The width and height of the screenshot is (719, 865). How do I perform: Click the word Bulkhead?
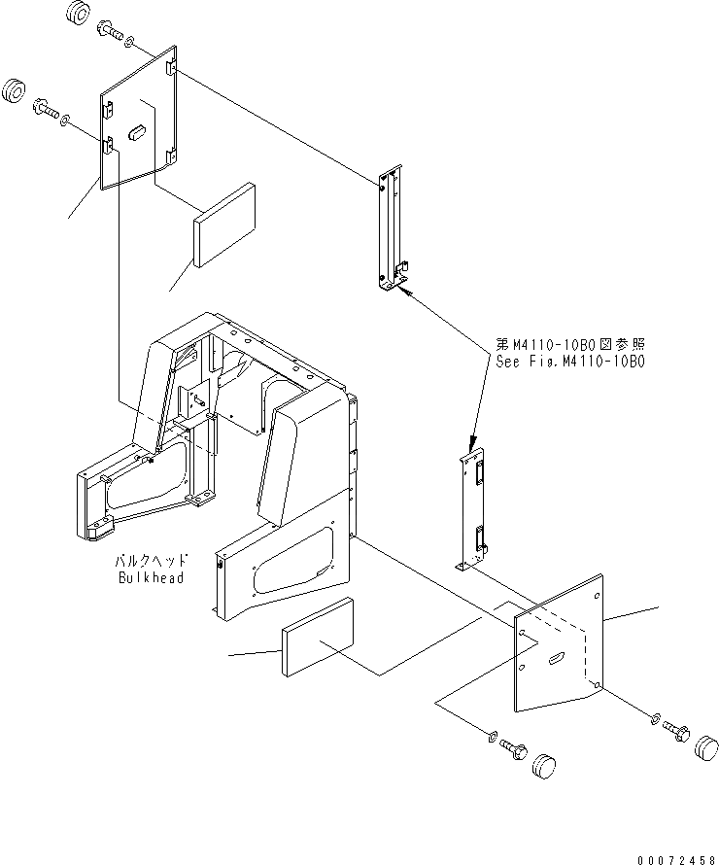(151, 577)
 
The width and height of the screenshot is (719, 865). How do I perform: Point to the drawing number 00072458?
(676, 859)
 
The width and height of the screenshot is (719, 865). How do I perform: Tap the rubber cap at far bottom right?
(707, 749)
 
